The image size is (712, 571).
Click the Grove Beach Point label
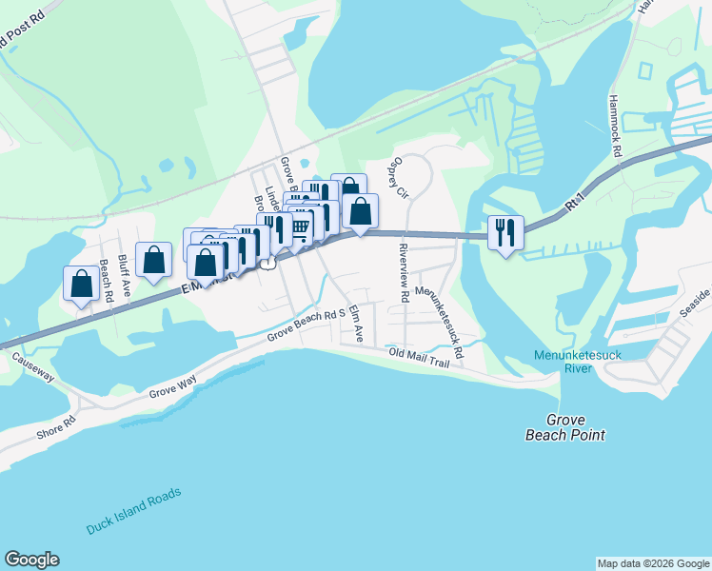pyautogui.click(x=565, y=427)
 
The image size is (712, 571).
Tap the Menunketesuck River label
pyautogui.click(x=565, y=364)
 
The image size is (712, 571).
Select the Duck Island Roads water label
pyautogui.click(x=133, y=511)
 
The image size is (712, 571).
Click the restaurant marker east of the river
pyautogui.click(x=505, y=232)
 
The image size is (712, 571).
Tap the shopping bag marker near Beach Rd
pyautogui.click(x=81, y=283)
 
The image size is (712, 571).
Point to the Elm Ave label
pyautogui.click(x=357, y=324)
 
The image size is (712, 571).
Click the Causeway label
pyautogui.click(x=31, y=368)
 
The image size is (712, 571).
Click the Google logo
pyautogui.click(x=32, y=560)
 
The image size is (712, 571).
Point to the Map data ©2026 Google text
pyautogui.click(x=653, y=563)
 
